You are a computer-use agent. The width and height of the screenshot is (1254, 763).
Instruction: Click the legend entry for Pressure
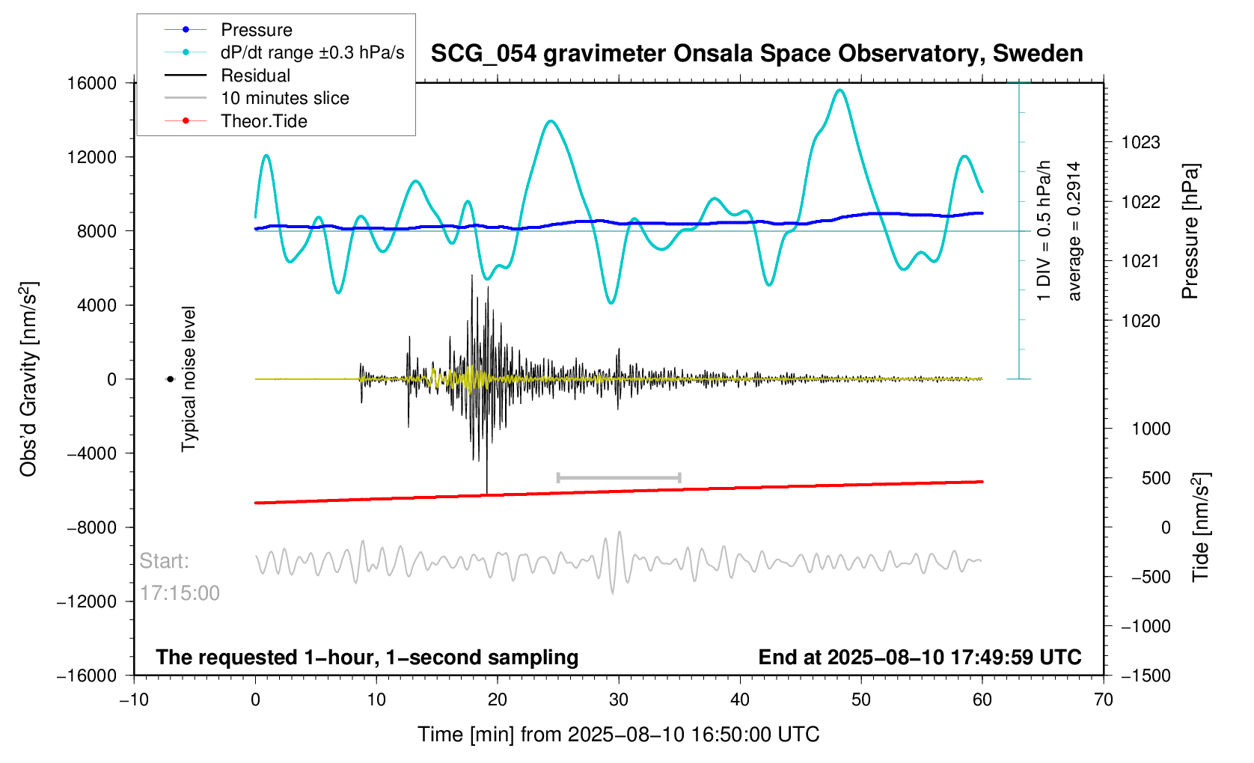(x=256, y=30)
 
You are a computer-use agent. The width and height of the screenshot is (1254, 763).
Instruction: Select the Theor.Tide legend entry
(x=263, y=121)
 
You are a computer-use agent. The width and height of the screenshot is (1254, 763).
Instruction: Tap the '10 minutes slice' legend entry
(x=284, y=98)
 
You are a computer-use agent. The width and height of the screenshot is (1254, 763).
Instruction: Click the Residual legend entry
(x=255, y=76)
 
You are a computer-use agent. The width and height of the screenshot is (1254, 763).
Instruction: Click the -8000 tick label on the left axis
(x=92, y=527)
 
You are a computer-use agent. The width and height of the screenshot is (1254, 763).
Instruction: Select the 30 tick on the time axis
(x=619, y=700)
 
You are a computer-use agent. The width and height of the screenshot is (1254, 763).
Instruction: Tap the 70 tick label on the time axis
(x=1103, y=700)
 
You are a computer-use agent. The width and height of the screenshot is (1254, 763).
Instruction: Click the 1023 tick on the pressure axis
(x=1140, y=142)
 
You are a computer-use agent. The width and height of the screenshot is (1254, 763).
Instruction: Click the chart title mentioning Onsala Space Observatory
(x=756, y=54)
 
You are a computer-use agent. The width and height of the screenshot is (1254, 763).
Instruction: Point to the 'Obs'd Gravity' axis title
(x=28, y=379)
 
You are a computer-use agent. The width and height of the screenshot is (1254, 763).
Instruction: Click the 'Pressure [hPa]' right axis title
(x=1190, y=231)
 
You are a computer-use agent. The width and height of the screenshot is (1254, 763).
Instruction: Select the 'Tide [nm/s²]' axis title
(x=1201, y=527)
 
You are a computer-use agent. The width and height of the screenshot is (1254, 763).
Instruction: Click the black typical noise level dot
(x=171, y=379)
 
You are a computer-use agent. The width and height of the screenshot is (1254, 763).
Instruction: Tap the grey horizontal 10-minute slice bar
(x=619, y=477)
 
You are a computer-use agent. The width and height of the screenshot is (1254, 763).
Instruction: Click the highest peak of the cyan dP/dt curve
(x=840, y=91)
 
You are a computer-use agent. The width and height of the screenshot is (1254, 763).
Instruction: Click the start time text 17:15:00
(x=180, y=593)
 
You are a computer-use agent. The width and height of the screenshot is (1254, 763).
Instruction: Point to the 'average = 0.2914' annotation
(x=1074, y=231)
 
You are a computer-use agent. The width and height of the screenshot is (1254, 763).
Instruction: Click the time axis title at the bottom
(x=618, y=735)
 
